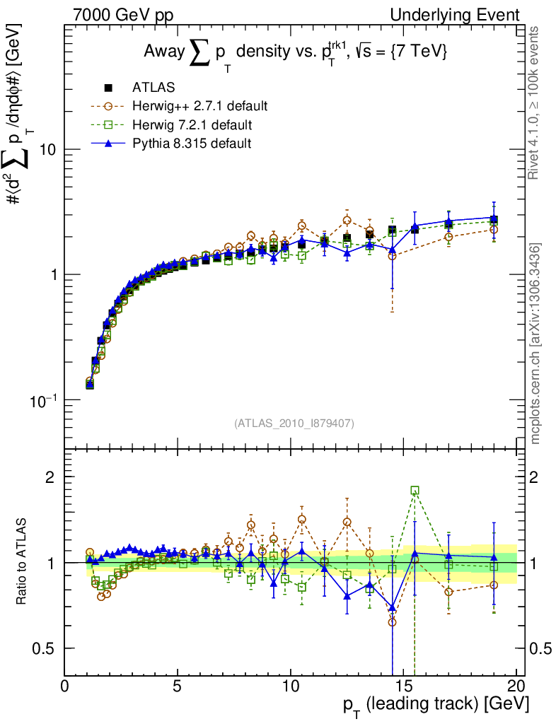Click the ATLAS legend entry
click(153, 88)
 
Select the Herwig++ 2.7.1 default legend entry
click(199, 107)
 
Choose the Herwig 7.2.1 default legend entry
click(192, 125)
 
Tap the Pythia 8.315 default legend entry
click(192, 144)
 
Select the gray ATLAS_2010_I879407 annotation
click(294, 424)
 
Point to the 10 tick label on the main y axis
click(50, 150)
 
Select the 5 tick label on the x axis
click(178, 687)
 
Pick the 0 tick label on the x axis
click(65, 687)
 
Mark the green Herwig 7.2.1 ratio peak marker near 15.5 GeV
click(415, 490)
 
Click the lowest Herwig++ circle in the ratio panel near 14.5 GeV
click(392, 622)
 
